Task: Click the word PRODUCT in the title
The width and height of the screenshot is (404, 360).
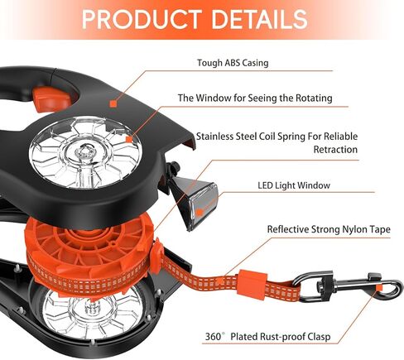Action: pyautogui.click(x=142, y=19)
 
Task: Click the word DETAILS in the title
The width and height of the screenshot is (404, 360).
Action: pyautogui.click(x=259, y=19)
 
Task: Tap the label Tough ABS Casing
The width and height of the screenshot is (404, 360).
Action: pyautogui.click(x=233, y=63)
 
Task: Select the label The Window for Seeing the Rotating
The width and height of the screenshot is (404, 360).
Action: pyautogui.click(x=255, y=98)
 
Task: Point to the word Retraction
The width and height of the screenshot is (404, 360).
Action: pyautogui.click(x=335, y=150)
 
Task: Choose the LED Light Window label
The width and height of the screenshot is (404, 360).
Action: pyautogui.click(x=294, y=185)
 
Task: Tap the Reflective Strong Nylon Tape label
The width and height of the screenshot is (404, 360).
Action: pyautogui.click(x=329, y=229)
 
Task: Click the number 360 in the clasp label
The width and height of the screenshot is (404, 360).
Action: pyautogui.click(x=214, y=337)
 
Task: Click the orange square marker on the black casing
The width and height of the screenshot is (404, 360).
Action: pyautogui.click(x=113, y=103)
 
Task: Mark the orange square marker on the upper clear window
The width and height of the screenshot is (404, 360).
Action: pyautogui.click(x=129, y=139)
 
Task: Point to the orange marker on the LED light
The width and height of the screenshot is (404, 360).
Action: pyautogui.click(x=200, y=213)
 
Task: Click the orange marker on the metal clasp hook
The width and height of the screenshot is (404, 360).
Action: pyautogui.click(x=380, y=288)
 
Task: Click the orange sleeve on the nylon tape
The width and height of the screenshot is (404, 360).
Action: pyautogui.click(x=252, y=281)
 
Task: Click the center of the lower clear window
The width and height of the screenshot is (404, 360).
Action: pyautogui.click(x=94, y=312)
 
